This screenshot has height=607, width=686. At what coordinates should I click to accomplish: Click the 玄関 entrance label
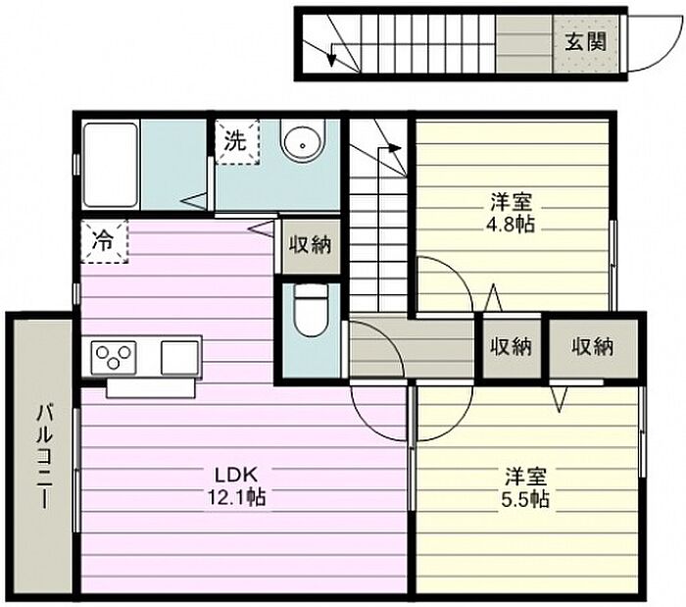[586, 43]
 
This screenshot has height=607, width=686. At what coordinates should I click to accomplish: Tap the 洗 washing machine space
[237, 142]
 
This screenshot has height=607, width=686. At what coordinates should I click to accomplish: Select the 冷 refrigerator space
[104, 241]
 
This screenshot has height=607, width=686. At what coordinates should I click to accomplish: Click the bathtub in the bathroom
[110, 165]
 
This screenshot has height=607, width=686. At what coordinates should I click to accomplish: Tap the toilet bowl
[311, 310]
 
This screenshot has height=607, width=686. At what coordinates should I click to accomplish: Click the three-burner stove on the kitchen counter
[114, 358]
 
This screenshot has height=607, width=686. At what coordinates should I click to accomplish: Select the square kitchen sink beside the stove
[179, 358]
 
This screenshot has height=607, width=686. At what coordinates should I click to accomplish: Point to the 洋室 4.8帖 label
[511, 213]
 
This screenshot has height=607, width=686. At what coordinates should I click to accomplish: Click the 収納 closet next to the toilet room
[311, 246]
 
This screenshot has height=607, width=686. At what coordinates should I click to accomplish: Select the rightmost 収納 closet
[593, 347]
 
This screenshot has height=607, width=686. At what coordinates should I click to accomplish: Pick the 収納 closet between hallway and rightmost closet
[511, 347]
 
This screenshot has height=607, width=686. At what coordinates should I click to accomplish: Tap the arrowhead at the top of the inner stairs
[395, 148]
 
